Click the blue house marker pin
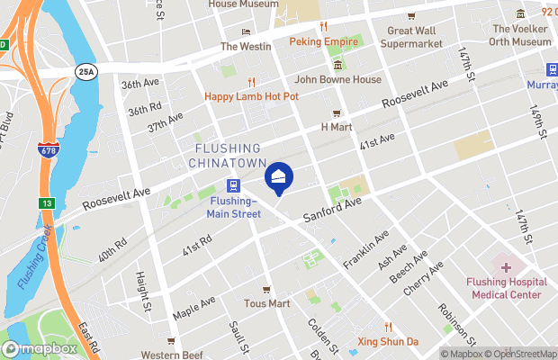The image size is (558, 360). tap(279, 178)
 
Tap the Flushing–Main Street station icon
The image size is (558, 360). tap(233, 187)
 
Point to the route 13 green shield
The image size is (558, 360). tap(46, 203)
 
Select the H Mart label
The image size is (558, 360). tap(337, 127)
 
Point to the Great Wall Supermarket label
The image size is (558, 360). tap(415, 36)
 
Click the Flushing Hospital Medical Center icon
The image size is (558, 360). tap(506, 267)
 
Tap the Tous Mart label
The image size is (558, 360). tap(266, 304)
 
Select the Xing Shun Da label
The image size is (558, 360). tap(389, 342)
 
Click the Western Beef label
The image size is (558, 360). tap(171, 354)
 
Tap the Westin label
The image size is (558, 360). tap(241, 46)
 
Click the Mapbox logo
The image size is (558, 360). tap(40, 348)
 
